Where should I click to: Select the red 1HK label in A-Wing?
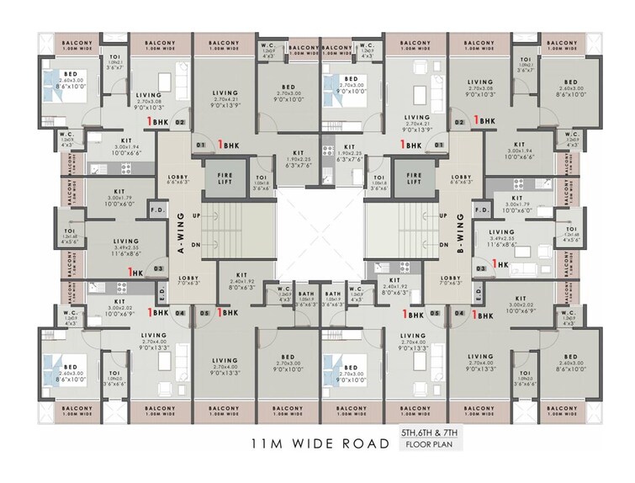(133, 273)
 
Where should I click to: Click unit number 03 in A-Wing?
(157, 268)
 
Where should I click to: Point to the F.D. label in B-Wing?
(482, 210)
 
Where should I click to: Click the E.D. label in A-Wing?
(161, 295)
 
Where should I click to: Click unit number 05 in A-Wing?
(204, 313)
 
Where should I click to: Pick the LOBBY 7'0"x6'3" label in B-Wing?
(451, 282)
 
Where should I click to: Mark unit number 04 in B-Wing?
(459, 313)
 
